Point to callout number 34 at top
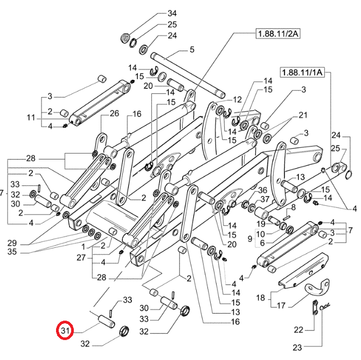click(x=172, y=13)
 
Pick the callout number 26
click(x=114, y=113)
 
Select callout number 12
click(x=238, y=100)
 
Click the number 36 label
click(x=262, y=190)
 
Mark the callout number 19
click(x=260, y=224)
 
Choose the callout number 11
click(x=31, y=117)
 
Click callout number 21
click(x=302, y=115)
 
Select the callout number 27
click(x=80, y=258)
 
